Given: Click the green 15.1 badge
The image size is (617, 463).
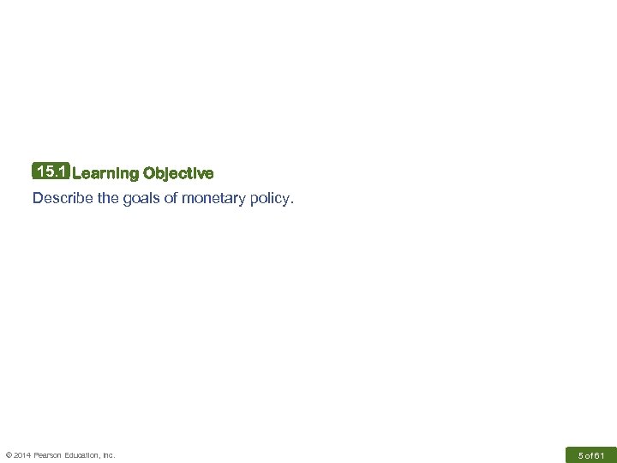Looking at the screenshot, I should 51,172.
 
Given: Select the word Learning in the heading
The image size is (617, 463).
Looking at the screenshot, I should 105,174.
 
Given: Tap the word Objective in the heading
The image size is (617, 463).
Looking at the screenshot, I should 179,174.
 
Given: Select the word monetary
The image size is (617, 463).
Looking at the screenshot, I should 209,200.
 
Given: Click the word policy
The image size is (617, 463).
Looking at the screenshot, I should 271,200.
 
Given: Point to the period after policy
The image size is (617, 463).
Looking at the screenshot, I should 291,203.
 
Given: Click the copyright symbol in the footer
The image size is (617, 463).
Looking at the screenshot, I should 8,455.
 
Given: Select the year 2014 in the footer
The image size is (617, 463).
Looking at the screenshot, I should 23,455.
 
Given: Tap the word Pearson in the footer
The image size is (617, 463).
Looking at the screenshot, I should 49,455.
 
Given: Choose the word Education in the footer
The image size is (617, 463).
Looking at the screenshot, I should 83,455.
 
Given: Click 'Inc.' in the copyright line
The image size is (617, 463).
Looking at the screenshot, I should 109,455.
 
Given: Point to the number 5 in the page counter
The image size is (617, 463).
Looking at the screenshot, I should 580,454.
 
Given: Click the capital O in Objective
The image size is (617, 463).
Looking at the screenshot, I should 149,174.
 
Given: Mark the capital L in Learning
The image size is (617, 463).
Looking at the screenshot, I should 77,174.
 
